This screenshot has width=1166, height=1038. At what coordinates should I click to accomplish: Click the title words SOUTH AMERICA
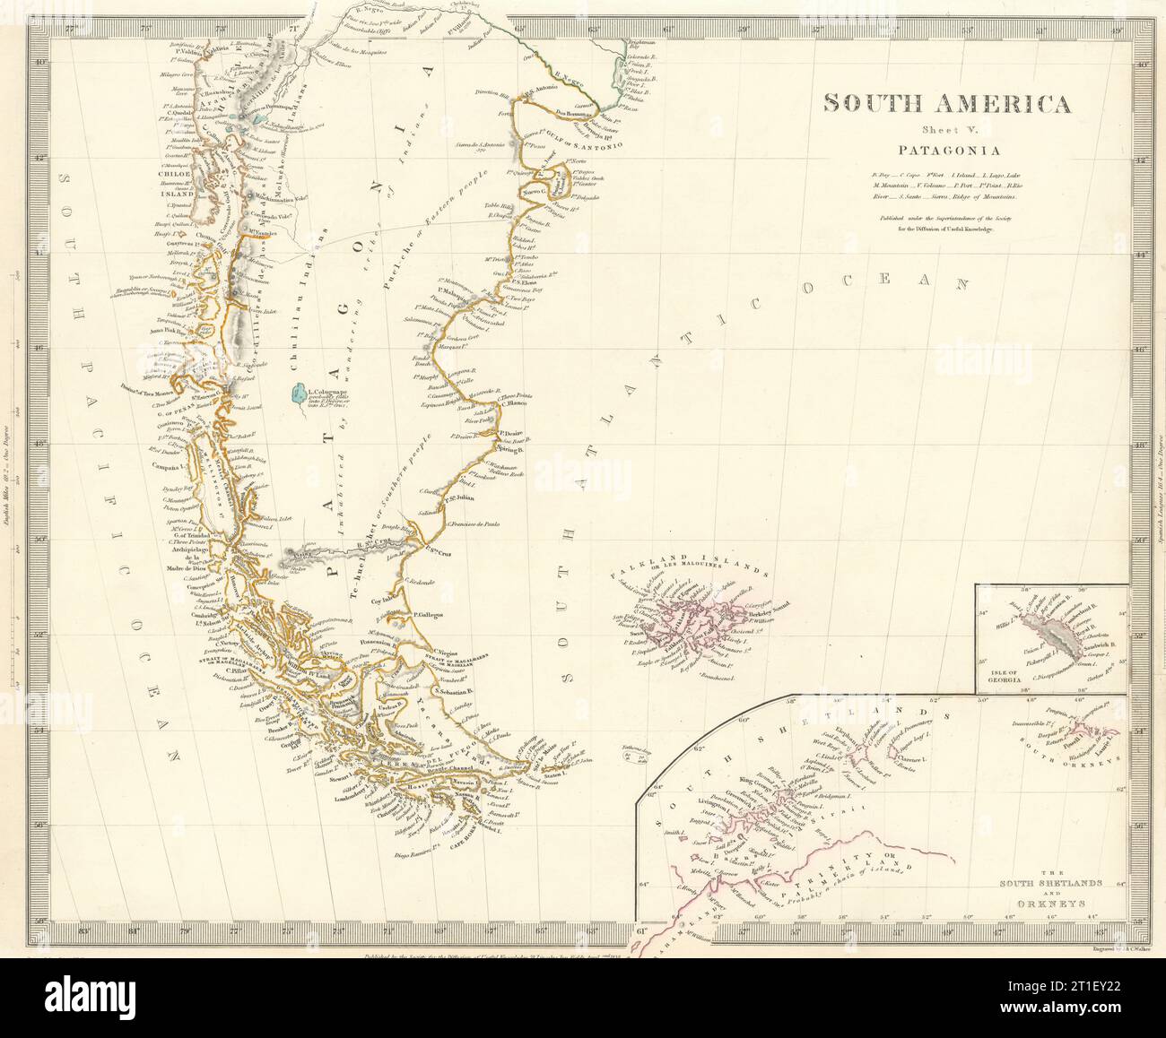pos(946,103)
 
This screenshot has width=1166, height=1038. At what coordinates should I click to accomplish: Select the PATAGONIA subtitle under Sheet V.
pos(946,151)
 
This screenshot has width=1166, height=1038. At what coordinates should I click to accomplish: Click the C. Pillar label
pos(239,670)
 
